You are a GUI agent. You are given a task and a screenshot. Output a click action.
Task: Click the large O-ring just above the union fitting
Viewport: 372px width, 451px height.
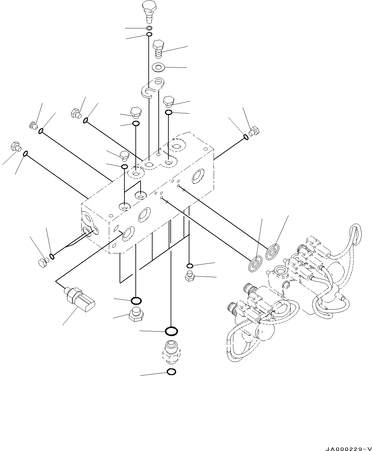[x=171, y=331]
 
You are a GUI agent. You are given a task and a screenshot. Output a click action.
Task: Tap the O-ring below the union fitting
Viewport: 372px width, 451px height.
[x=171, y=372]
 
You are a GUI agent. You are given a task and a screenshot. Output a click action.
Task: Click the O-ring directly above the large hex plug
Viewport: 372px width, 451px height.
[x=136, y=301]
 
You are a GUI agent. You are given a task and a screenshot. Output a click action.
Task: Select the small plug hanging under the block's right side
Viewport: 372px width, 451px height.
[x=189, y=277]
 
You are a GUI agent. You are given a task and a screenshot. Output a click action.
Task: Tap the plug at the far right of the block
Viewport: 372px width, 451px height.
[x=254, y=131]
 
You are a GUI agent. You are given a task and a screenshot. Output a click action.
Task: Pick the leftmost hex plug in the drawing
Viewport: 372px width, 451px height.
[x=16, y=146]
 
